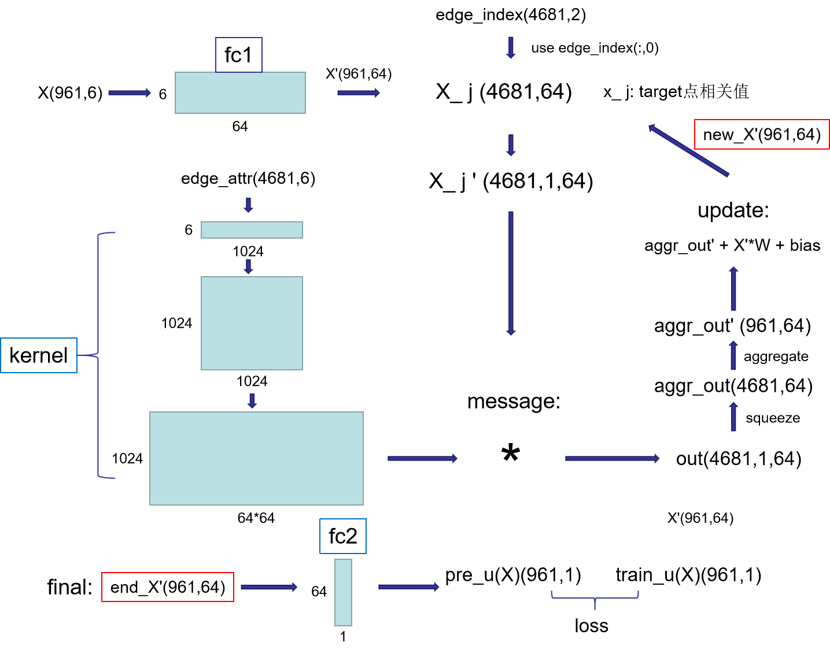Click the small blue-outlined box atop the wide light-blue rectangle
tap(239, 55)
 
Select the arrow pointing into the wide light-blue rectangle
tap(130, 92)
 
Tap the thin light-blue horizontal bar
tap(252, 230)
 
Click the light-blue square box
tap(252, 323)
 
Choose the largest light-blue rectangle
tap(256, 458)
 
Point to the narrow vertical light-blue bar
tap(343, 592)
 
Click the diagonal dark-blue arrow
tap(688, 150)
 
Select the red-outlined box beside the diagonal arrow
tap(762, 134)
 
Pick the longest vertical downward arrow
tap(511, 273)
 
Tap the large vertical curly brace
tap(99, 355)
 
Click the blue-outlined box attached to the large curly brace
tap(39, 355)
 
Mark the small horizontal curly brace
tap(595, 597)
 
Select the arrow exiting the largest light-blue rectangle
tap(422, 458)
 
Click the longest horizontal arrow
tap(612, 458)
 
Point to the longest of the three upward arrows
tap(733, 288)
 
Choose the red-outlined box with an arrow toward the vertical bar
tap(168, 587)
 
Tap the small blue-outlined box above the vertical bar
tap(343, 536)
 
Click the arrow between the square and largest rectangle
tap(252, 401)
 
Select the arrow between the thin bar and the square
tap(248, 266)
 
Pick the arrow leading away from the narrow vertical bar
tap(408, 586)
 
